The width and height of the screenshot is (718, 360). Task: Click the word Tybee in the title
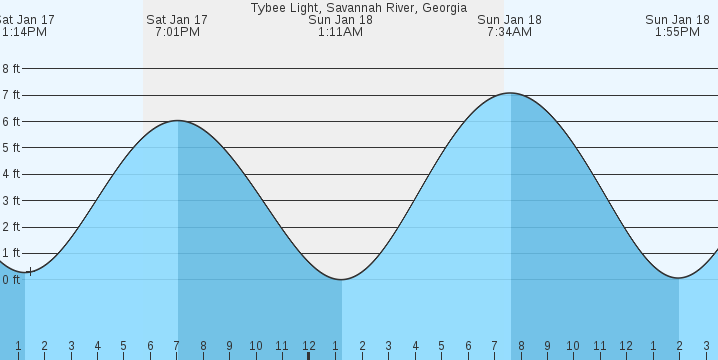click(267, 7)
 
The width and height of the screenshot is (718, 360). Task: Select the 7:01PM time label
click(177, 32)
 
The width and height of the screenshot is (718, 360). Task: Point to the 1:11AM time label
click(340, 32)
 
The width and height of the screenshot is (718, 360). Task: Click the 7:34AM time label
click(510, 32)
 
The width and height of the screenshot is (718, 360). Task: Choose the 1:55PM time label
click(678, 32)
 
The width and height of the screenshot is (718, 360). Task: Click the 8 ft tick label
click(11, 69)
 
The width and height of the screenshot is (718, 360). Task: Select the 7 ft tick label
click(11, 95)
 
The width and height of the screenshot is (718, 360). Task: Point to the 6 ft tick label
click(11, 122)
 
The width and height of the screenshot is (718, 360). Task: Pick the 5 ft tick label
click(11, 148)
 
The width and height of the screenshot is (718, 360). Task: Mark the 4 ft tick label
click(11, 174)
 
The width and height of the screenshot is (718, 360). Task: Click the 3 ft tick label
click(11, 201)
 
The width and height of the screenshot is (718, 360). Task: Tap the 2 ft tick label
click(11, 227)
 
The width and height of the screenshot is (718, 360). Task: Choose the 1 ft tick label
click(11, 254)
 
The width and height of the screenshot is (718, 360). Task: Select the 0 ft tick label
click(11, 280)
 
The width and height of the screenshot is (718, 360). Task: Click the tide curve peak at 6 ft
click(178, 121)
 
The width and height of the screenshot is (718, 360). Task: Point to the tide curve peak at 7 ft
click(510, 93)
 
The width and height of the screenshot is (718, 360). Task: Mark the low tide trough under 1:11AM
click(341, 279)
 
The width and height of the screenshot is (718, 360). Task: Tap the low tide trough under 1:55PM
click(679, 278)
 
